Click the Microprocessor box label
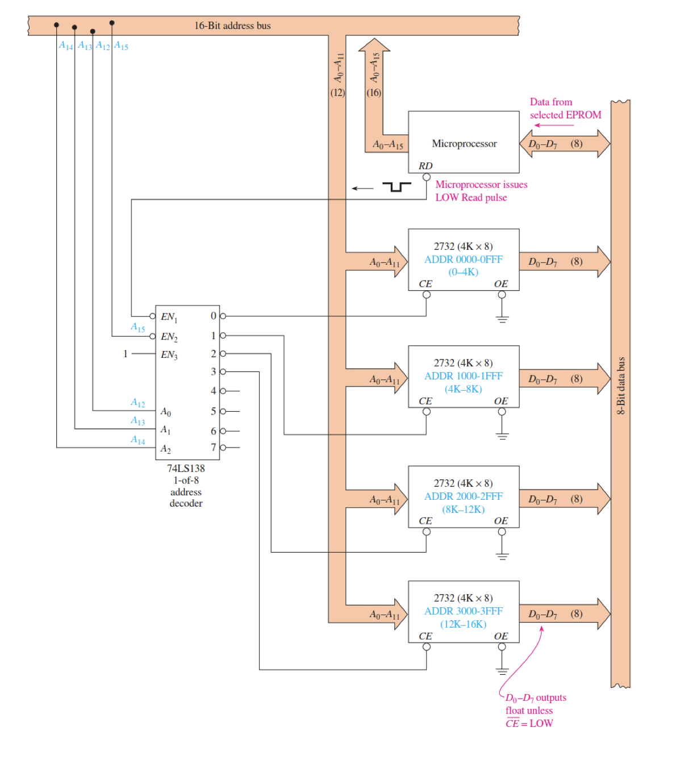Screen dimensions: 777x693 pyautogui.click(x=464, y=144)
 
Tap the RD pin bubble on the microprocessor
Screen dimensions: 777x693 pyautogui.click(x=427, y=177)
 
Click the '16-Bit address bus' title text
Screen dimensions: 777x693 pyautogui.click(x=232, y=26)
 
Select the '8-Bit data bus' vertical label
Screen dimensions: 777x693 pyautogui.click(x=621, y=386)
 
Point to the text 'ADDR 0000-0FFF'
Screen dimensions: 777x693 pyautogui.click(x=464, y=260)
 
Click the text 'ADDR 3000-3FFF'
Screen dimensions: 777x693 pyautogui.click(x=464, y=611)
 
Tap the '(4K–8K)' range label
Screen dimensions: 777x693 pyautogui.click(x=464, y=389)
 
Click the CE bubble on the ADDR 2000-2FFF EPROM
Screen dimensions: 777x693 pyautogui.click(x=427, y=532)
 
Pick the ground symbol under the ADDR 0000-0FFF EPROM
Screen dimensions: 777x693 pyautogui.click(x=502, y=319)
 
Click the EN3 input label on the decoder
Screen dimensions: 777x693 pyautogui.click(x=169, y=355)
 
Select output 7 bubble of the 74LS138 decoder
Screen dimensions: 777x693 pyautogui.click(x=223, y=448)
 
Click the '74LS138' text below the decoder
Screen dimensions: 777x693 pyautogui.click(x=186, y=469)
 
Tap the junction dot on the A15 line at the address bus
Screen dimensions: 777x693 pyautogui.click(x=112, y=23)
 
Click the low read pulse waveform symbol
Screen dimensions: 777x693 pyautogui.click(x=396, y=187)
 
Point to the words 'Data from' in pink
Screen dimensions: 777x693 pyautogui.click(x=551, y=102)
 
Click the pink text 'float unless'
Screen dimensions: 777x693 pyautogui.click(x=529, y=711)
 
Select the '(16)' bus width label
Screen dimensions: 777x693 pyautogui.click(x=374, y=93)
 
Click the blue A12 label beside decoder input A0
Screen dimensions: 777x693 pyautogui.click(x=137, y=403)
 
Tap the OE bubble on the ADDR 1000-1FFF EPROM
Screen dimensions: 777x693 pyautogui.click(x=502, y=412)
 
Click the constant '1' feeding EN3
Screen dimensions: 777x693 pyautogui.click(x=126, y=354)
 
